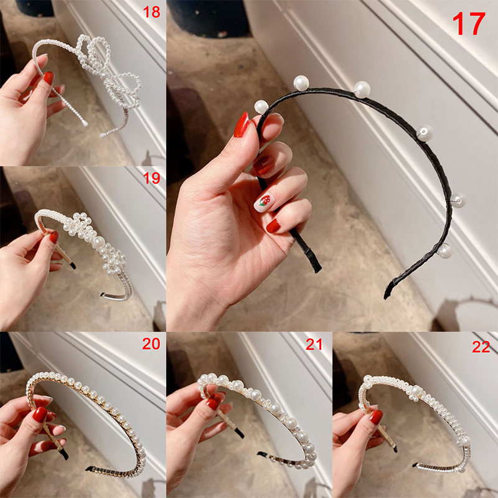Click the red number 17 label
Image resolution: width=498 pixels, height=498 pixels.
pyautogui.click(x=469, y=24)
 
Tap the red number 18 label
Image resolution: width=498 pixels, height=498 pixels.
pyautogui.click(x=151, y=12)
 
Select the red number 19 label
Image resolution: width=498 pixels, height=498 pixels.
pyautogui.click(x=151, y=178)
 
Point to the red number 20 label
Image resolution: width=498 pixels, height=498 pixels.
pyautogui.click(x=151, y=344)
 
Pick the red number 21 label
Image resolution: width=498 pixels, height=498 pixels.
pyautogui.click(x=314, y=344)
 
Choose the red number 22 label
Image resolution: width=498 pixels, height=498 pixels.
pyautogui.click(x=481, y=347)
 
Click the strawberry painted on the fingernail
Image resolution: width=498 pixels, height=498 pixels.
pyautogui.click(x=264, y=200)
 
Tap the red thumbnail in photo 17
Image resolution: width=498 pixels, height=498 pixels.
pyautogui.click(x=242, y=125)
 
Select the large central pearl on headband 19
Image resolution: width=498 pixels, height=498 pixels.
pyautogui.click(x=98, y=243)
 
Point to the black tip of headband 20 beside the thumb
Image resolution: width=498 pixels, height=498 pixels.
pyautogui.click(x=65, y=455)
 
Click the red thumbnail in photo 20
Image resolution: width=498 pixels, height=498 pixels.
pyautogui.click(x=40, y=415)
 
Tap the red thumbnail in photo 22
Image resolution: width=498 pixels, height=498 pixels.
pyautogui.click(x=376, y=417)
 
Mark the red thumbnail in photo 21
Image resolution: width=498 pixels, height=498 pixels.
pyautogui.click(x=214, y=402)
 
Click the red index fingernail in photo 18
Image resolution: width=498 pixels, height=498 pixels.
pyautogui.click(x=49, y=78)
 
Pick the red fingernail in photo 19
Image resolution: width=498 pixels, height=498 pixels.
pyautogui.click(x=54, y=237)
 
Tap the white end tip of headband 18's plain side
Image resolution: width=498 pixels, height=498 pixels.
pyautogui.click(x=85, y=123)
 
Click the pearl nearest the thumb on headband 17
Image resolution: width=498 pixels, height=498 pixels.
pyautogui.click(x=261, y=107)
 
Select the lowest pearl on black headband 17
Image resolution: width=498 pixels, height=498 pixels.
pyautogui.click(x=444, y=251)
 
